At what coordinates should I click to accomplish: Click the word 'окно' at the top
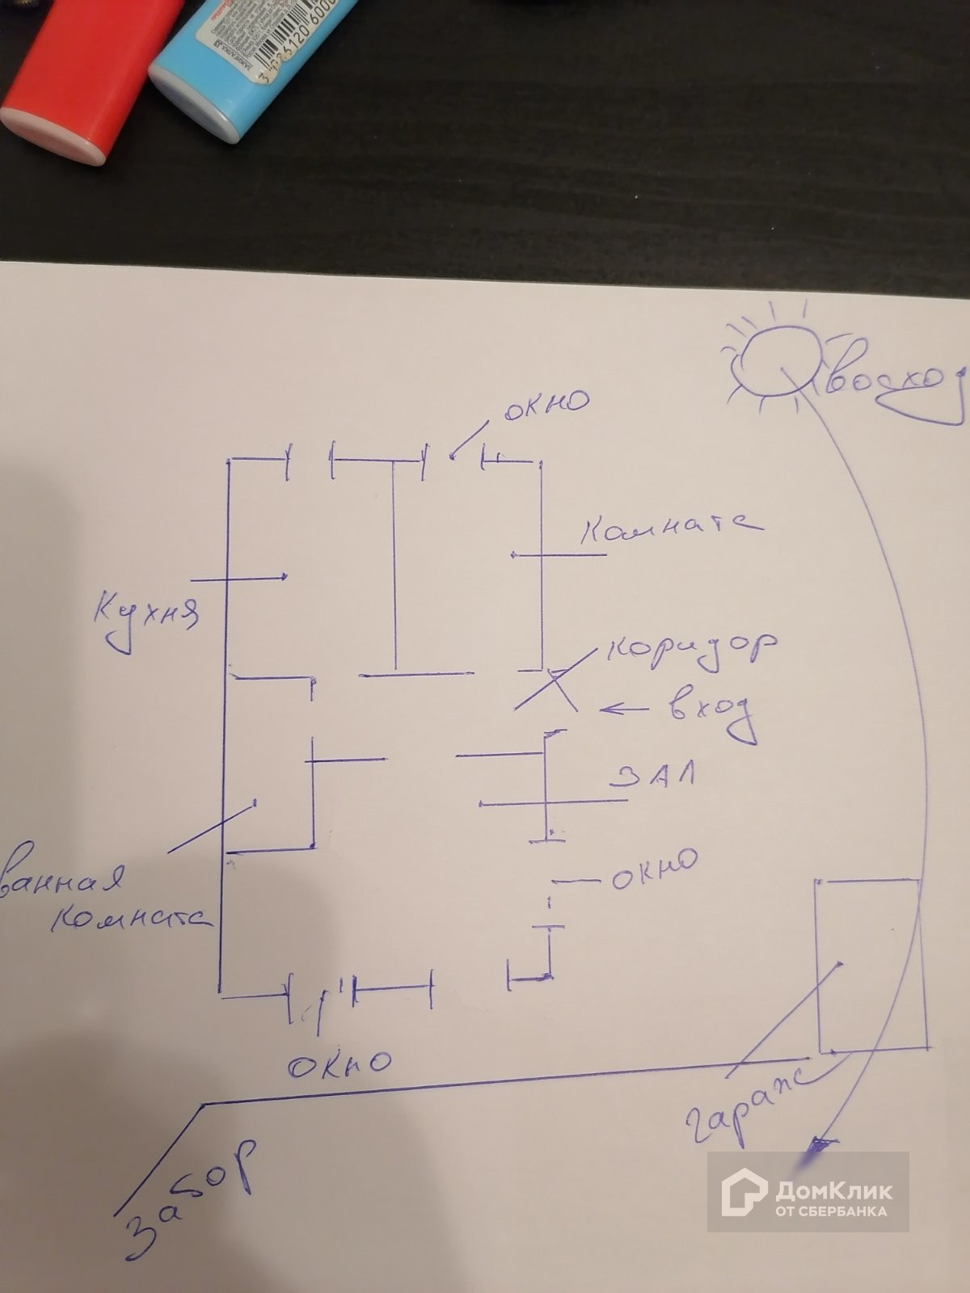546,402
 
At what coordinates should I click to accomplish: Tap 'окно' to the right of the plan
653,870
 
